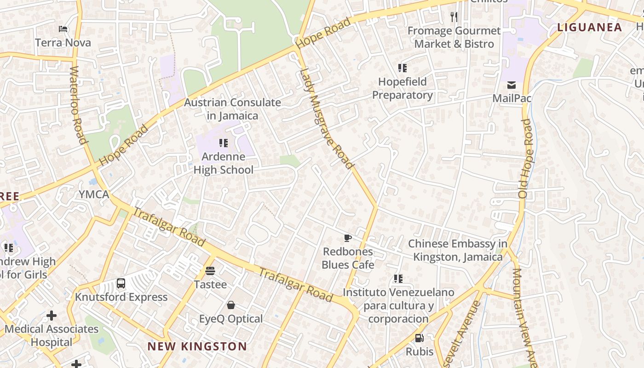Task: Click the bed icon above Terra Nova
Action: pyautogui.click(x=63, y=29)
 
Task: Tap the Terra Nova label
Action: pyautogui.click(x=63, y=43)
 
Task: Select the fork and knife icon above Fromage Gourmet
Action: pyautogui.click(x=454, y=17)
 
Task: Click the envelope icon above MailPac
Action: pyautogui.click(x=512, y=85)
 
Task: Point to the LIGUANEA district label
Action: pyautogui.click(x=589, y=27)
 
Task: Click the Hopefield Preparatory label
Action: pyautogui.click(x=402, y=88)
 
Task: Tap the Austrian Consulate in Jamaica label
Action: pyautogui.click(x=232, y=109)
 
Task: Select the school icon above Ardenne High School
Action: pyautogui.click(x=224, y=143)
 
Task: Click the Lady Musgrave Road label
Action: pyautogui.click(x=327, y=118)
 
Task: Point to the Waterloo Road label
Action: pyautogui.click(x=78, y=105)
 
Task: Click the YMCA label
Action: pyautogui.click(x=94, y=195)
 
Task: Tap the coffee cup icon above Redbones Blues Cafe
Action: pyautogui.click(x=348, y=238)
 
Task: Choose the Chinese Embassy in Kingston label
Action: pyautogui.click(x=458, y=250)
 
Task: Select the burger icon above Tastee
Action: pyautogui.click(x=210, y=271)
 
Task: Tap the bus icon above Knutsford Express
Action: pyautogui.click(x=121, y=283)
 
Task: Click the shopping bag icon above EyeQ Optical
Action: pyautogui.click(x=231, y=305)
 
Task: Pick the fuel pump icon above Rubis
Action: pyautogui.click(x=419, y=338)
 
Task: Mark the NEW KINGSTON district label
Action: pyautogui.click(x=197, y=346)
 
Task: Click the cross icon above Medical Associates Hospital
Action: pyautogui.click(x=52, y=316)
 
